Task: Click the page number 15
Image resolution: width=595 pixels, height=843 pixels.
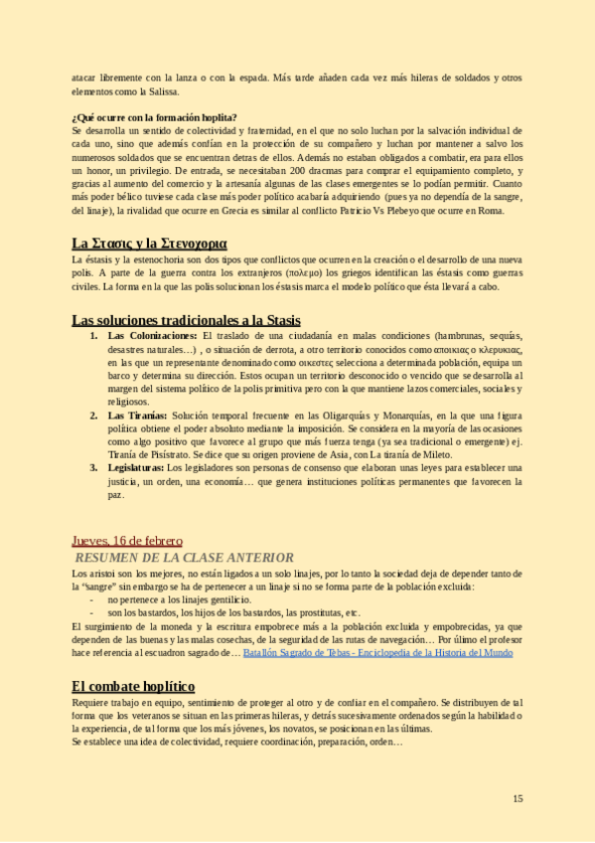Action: [x=518, y=798]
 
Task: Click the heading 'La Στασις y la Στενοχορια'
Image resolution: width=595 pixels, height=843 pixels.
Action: [x=149, y=243]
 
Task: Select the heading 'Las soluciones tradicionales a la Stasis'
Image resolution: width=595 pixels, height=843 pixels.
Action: [x=186, y=319]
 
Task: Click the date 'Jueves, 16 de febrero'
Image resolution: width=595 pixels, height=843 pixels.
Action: [x=126, y=541]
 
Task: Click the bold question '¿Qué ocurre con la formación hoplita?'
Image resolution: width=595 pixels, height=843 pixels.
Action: [x=154, y=117]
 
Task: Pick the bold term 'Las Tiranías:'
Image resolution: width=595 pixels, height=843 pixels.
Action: [x=137, y=416]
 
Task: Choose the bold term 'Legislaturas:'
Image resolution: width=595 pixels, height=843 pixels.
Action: [x=135, y=466]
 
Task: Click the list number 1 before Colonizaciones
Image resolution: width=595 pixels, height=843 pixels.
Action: [x=93, y=337]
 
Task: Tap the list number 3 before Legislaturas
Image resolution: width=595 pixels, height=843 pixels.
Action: [x=93, y=466]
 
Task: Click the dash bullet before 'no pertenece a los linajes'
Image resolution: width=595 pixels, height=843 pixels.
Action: [x=92, y=600]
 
